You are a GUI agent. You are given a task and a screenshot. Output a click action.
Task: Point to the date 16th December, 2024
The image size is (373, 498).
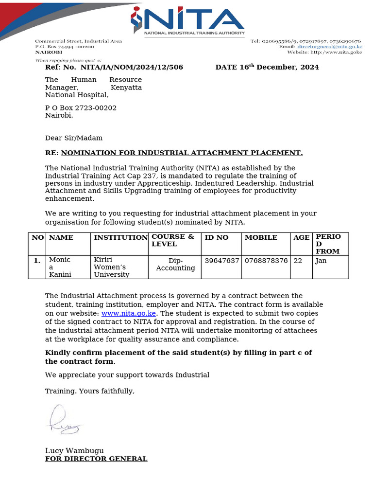pyautogui.click(x=267, y=67)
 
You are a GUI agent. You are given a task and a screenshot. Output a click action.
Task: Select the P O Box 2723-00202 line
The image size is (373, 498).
pyautogui.click(x=81, y=108)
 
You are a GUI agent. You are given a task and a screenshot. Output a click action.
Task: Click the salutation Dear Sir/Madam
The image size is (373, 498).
pyautogui.click(x=74, y=138)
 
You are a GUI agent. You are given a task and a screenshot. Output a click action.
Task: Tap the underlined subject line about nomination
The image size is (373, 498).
pyautogui.click(x=182, y=153)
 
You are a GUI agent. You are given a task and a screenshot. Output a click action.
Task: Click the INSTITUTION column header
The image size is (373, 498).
pyautogui.click(x=120, y=237)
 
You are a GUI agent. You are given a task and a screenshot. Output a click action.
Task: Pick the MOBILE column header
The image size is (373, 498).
pyautogui.click(x=261, y=237)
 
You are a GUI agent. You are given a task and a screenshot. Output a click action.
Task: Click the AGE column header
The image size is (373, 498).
pyautogui.click(x=301, y=237)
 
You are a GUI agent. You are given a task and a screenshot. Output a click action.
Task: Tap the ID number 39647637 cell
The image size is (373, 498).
pyautogui.click(x=222, y=261)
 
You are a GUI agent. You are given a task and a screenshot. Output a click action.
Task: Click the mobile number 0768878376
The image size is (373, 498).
pyautogui.click(x=266, y=261)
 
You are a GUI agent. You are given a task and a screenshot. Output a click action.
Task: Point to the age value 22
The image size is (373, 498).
pyautogui.click(x=298, y=261)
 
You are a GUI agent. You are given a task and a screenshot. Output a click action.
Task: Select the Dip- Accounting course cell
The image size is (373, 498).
pyautogui.click(x=175, y=265)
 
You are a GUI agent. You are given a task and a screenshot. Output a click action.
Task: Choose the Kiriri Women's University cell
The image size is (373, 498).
pyautogui.click(x=112, y=267)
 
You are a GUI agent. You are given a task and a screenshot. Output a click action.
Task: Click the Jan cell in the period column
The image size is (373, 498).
pyautogui.click(x=321, y=261)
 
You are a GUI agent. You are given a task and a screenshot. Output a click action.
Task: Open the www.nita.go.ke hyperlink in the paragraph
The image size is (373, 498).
pyautogui.click(x=128, y=314)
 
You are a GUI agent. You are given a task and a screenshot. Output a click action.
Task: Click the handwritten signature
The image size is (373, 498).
pyautogui.click(x=66, y=421)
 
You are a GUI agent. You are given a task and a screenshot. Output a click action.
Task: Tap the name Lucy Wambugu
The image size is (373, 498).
pyautogui.click(x=74, y=450)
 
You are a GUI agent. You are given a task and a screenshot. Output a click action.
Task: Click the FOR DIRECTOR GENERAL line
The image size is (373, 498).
pyautogui.click(x=96, y=459)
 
